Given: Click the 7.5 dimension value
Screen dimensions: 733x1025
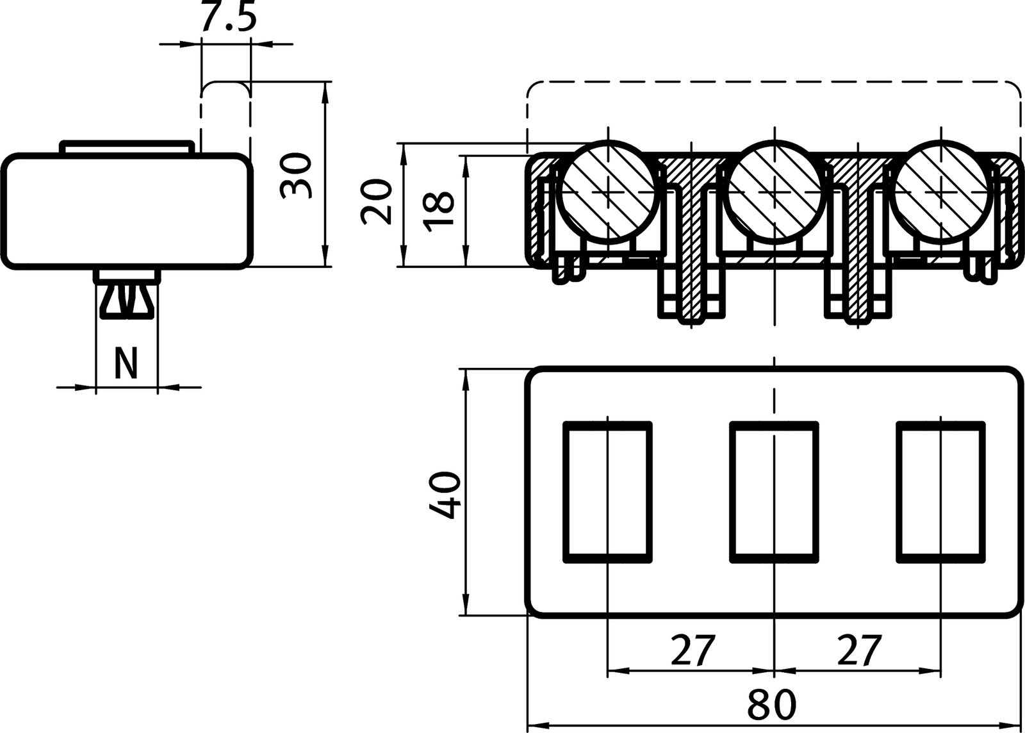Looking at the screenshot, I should [x=227, y=18].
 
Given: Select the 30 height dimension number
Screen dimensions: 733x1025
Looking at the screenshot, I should [x=297, y=176].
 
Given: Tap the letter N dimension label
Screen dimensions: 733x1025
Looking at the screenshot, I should [x=126, y=364].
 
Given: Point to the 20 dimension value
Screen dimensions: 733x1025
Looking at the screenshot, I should [x=377, y=202].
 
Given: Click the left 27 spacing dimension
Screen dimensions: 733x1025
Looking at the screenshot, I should [x=692, y=650].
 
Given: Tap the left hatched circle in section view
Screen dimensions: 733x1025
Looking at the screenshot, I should [x=609, y=191].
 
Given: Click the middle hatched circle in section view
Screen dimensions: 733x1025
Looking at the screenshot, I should [x=775, y=191].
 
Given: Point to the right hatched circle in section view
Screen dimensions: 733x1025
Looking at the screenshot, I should [x=942, y=191].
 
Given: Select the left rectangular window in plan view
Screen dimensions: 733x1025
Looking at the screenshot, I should [x=607, y=491].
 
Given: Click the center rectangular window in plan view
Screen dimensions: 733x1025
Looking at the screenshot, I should [x=775, y=491].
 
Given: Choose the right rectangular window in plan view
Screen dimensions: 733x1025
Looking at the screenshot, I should [x=941, y=491].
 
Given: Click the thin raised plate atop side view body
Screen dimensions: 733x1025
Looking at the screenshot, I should [x=126, y=147].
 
